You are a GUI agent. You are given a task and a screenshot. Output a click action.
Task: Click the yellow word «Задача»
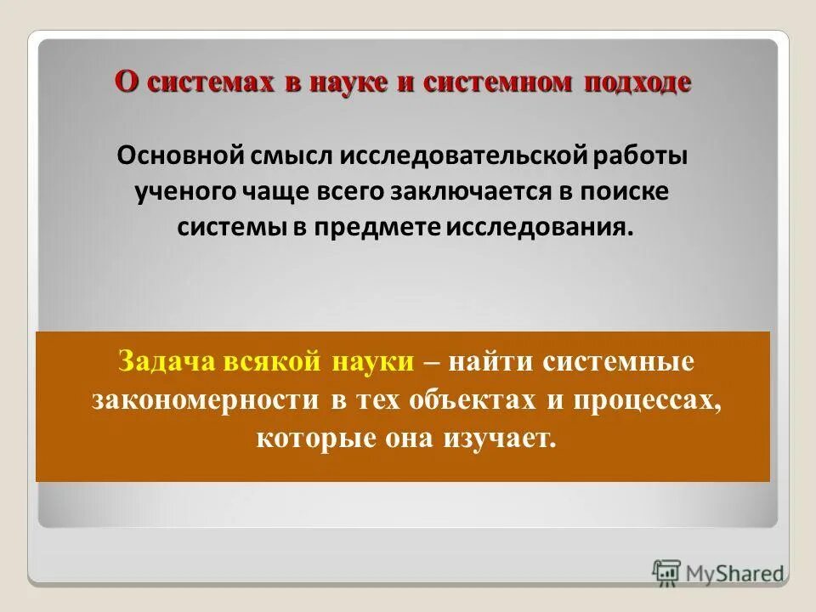[165, 361]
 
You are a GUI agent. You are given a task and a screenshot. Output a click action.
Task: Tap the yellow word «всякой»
[273, 361]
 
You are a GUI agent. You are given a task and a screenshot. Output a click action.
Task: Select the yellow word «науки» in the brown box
[372, 361]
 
